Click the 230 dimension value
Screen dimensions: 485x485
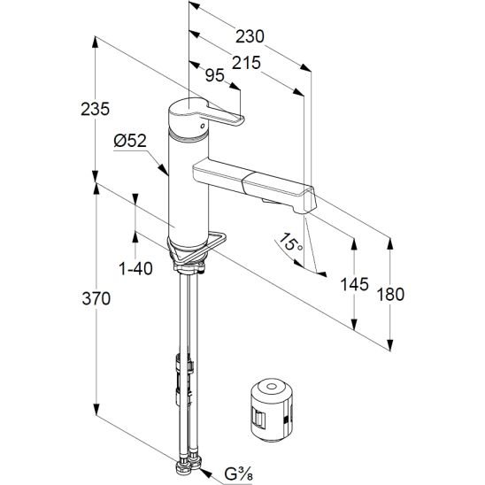pos(250,36)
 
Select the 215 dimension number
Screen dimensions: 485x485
pos(246,63)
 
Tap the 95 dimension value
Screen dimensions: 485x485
pos(215,75)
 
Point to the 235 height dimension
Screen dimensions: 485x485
pos(95,109)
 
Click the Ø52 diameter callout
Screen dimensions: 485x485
pos(130,141)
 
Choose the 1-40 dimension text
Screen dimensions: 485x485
pos(135,268)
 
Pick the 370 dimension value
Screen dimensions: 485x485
pos(96,299)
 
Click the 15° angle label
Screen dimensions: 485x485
pos(289,242)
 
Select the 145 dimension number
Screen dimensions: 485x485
pos(354,284)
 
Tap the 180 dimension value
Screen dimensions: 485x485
pos(390,294)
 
